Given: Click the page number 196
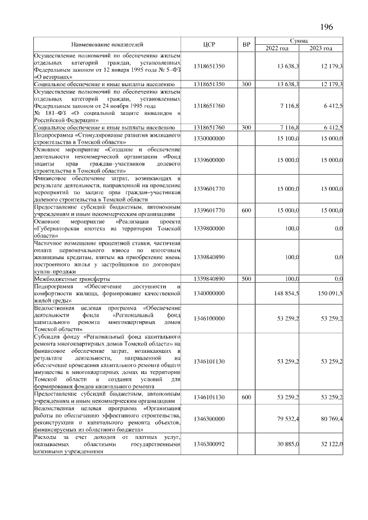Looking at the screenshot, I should pyautogui.click(x=325, y=26).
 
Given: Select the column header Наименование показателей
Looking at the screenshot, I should pyautogui.click(x=108, y=44).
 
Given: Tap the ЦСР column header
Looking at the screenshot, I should pyautogui.click(x=209, y=44).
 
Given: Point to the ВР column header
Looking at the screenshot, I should pyautogui.click(x=246, y=44).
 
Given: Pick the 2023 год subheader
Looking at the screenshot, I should pyautogui.click(x=321, y=48).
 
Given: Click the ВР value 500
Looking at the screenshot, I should pyautogui.click(x=246, y=279).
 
